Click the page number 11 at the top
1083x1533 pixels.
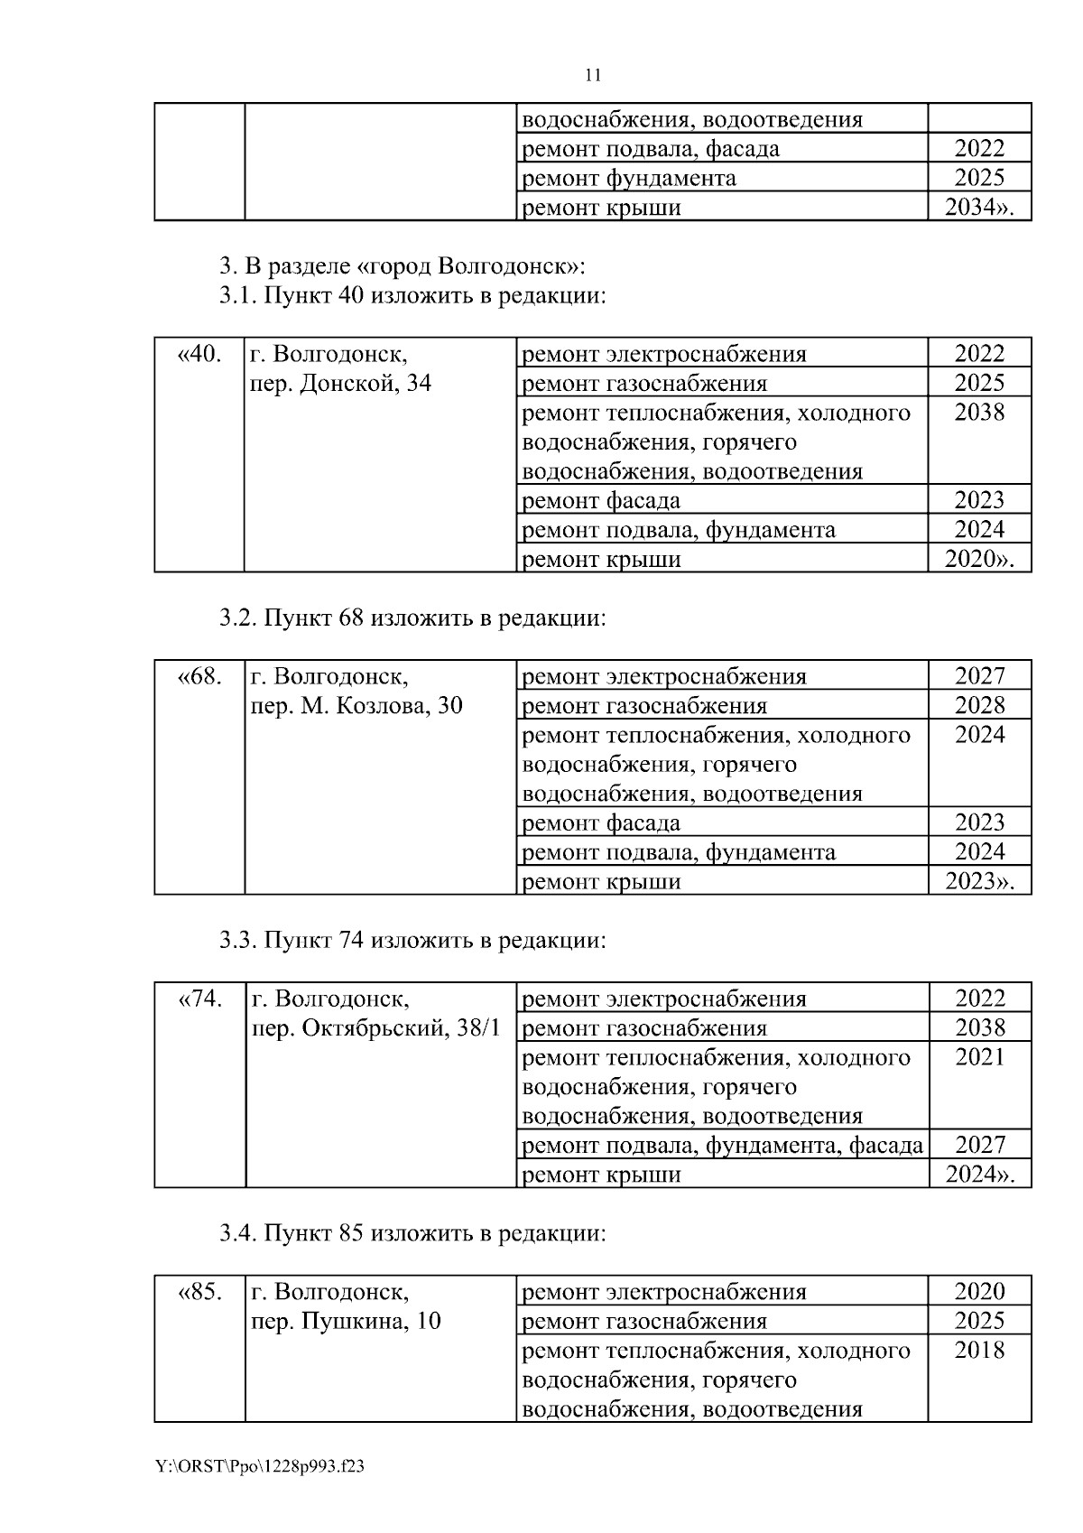[x=593, y=75]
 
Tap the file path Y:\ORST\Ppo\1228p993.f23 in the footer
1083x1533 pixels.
[x=260, y=1467]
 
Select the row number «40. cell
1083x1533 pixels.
[x=199, y=354]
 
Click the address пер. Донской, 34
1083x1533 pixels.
[x=341, y=384]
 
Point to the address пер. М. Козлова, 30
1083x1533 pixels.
[x=356, y=706]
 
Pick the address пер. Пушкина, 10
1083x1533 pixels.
[x=346, y=1322]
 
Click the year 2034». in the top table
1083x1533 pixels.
[x=979, y=207]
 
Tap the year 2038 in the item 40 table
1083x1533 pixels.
[x=979, y=413]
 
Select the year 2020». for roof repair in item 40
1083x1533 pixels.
[x=979, y=559]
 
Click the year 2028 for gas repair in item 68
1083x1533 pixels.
[x=979, y=705]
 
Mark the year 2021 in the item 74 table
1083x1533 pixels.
[x=979, y=1057]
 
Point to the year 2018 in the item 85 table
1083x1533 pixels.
[x=979, y=1351]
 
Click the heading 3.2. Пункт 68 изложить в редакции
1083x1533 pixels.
[x=412, y=618]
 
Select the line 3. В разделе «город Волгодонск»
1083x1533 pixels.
[x=403, y=267]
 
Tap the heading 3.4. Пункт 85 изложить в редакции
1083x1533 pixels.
[x=412, y=1233]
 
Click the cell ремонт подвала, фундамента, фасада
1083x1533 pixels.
[x=723, y=1146]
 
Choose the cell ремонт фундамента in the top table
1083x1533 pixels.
[x=630, y=178]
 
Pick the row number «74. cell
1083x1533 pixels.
[x=200, y=999]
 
